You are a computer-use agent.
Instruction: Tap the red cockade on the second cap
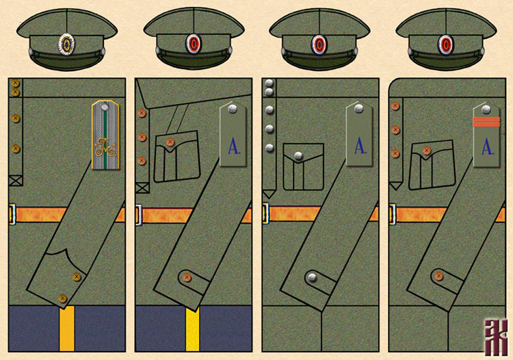(194, 44)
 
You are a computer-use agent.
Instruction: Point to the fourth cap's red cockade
(447, 44)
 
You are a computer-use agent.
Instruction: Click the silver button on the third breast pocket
(298, 156)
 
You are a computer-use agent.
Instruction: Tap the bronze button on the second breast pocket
(170, 142)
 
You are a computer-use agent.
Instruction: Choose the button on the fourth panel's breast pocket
(426, 149)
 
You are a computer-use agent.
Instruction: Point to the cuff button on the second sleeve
(185, 277)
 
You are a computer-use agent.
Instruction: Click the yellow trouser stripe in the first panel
(66, 329)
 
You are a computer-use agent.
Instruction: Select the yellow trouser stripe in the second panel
(193, 329)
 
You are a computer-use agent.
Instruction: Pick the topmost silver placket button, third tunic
(269, 83)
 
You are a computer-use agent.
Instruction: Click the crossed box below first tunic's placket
(16, 181)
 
